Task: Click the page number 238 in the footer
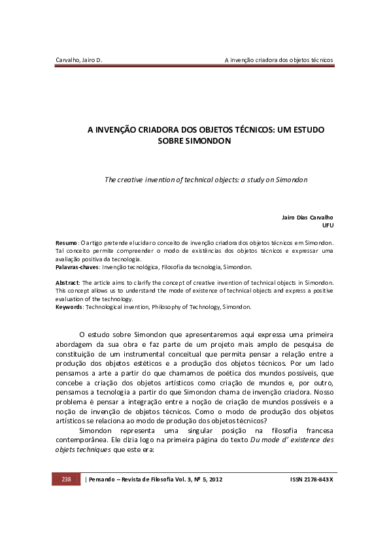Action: tap(66, 479)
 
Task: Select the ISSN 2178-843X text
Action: tap(311, 479)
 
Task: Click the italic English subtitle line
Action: tap(206, 178)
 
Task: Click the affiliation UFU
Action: tap(328, 225)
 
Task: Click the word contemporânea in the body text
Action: tap(84, 440)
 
